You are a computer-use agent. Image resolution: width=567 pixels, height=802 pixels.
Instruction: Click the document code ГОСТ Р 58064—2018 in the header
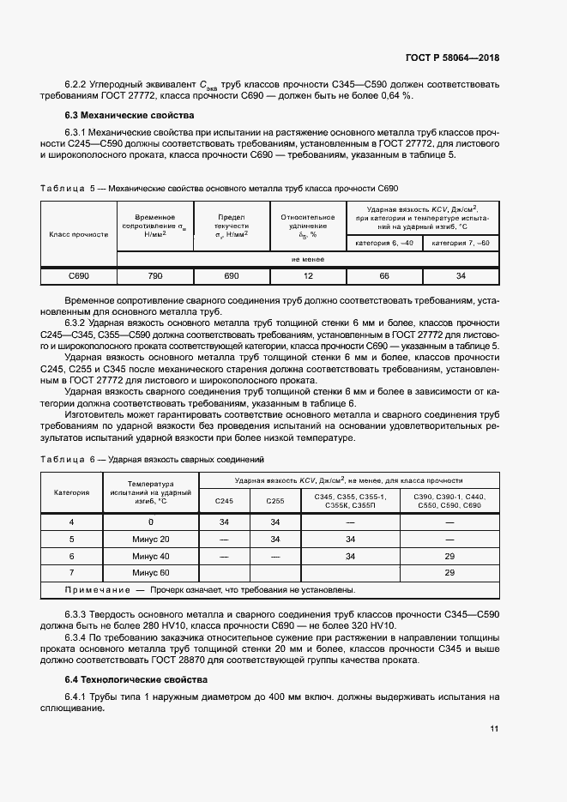pos(452,58)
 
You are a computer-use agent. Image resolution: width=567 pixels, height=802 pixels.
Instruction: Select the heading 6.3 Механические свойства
pos(130,115)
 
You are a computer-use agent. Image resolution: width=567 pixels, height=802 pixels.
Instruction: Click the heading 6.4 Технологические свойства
pos(136,679)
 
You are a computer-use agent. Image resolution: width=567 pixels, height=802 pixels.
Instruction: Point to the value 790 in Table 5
pos(155,276)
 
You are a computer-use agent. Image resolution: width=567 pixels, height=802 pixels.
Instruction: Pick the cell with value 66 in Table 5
pos(383,276)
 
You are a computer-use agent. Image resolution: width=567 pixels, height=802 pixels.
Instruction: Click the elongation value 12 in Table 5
pos(307,276)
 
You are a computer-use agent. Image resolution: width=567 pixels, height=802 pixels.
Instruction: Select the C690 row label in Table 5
pos(79,276)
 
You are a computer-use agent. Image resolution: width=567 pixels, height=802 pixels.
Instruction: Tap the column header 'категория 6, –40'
pos(383,244)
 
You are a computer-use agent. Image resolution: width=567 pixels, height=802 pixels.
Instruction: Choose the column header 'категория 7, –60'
pos(460,244)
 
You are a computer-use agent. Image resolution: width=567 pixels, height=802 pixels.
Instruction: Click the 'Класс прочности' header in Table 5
pos(79,233)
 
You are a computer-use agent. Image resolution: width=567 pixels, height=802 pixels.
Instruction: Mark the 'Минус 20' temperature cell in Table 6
pos(151,539)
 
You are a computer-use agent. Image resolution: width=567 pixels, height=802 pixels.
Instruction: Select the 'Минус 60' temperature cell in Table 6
pos(151,572)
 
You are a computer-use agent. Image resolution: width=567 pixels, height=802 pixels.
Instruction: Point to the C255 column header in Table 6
pos(274,502)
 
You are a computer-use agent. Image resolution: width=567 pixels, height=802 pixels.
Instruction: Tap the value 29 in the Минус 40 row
pos(449,556)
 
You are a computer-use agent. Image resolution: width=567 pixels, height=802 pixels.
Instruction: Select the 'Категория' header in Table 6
pos(72,493)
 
